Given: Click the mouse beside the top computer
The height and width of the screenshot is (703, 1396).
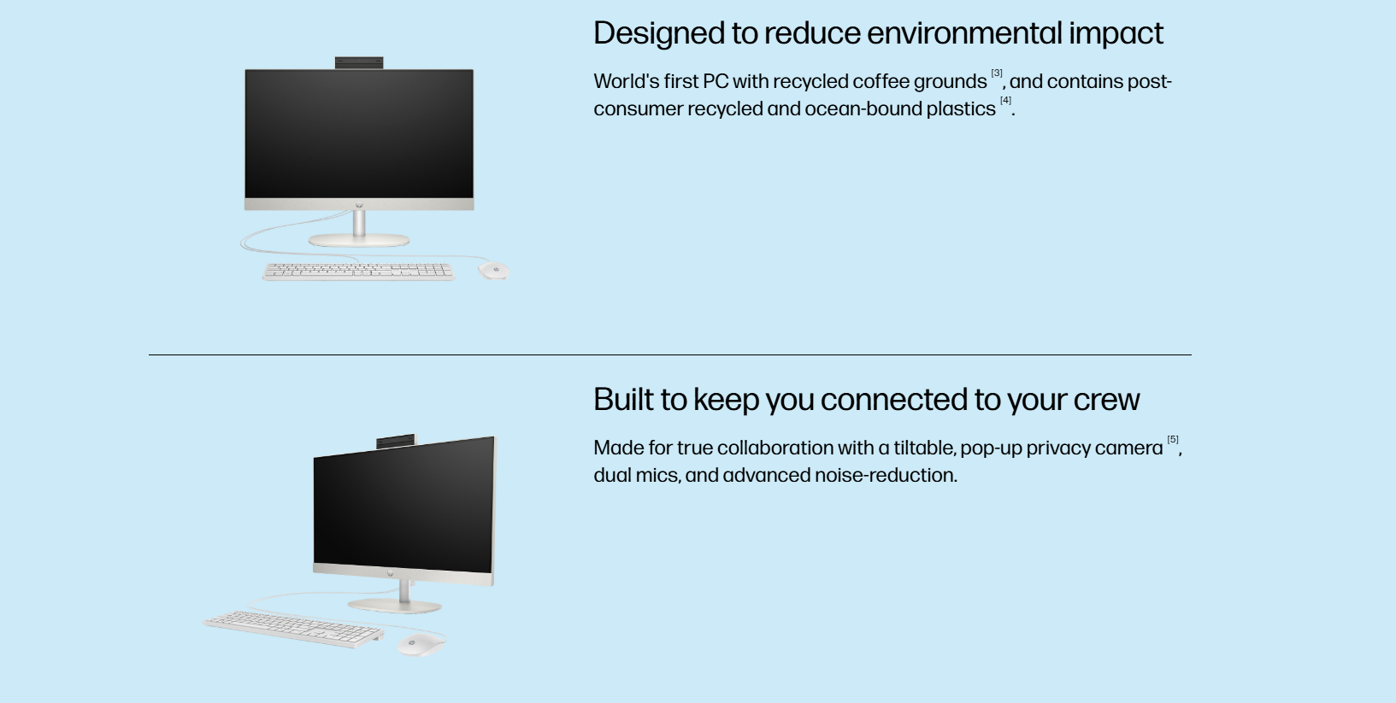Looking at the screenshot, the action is point(493,270).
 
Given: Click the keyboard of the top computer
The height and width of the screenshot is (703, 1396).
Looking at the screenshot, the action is point(358,272).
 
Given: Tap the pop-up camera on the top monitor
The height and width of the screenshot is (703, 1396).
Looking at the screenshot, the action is point(359,63).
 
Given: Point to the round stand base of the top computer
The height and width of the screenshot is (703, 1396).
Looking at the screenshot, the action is point(359,240).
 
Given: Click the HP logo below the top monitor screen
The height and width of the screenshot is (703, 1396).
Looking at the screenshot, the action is point(359,205).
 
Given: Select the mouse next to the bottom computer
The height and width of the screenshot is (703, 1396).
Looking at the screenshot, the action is point(421,645).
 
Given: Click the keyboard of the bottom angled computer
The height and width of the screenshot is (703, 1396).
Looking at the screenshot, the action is point(293,629).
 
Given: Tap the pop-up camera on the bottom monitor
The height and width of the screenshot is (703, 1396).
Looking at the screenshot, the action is point(396,441).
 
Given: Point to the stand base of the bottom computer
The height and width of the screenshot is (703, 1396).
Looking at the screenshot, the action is point(395,606).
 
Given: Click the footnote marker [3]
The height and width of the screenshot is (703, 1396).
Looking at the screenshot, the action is point(997,73).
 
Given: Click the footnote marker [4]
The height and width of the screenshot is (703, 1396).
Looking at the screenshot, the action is point(1005,101).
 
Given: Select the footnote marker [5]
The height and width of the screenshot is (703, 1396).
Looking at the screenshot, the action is point(1173,440).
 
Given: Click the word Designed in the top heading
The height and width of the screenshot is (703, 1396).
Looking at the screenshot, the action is point(659,33).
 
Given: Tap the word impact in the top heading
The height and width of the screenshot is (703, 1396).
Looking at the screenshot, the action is point(1116,33).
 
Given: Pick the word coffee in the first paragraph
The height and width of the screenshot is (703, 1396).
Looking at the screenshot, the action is point(881,81).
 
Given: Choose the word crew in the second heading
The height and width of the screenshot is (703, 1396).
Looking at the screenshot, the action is point(1106,400).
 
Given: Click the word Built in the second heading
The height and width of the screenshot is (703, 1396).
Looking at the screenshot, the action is point(623,399).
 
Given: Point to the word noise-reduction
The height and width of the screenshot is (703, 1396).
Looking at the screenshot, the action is point(886,475).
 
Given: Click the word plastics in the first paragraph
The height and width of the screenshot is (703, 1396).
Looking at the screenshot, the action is point(961,109).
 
